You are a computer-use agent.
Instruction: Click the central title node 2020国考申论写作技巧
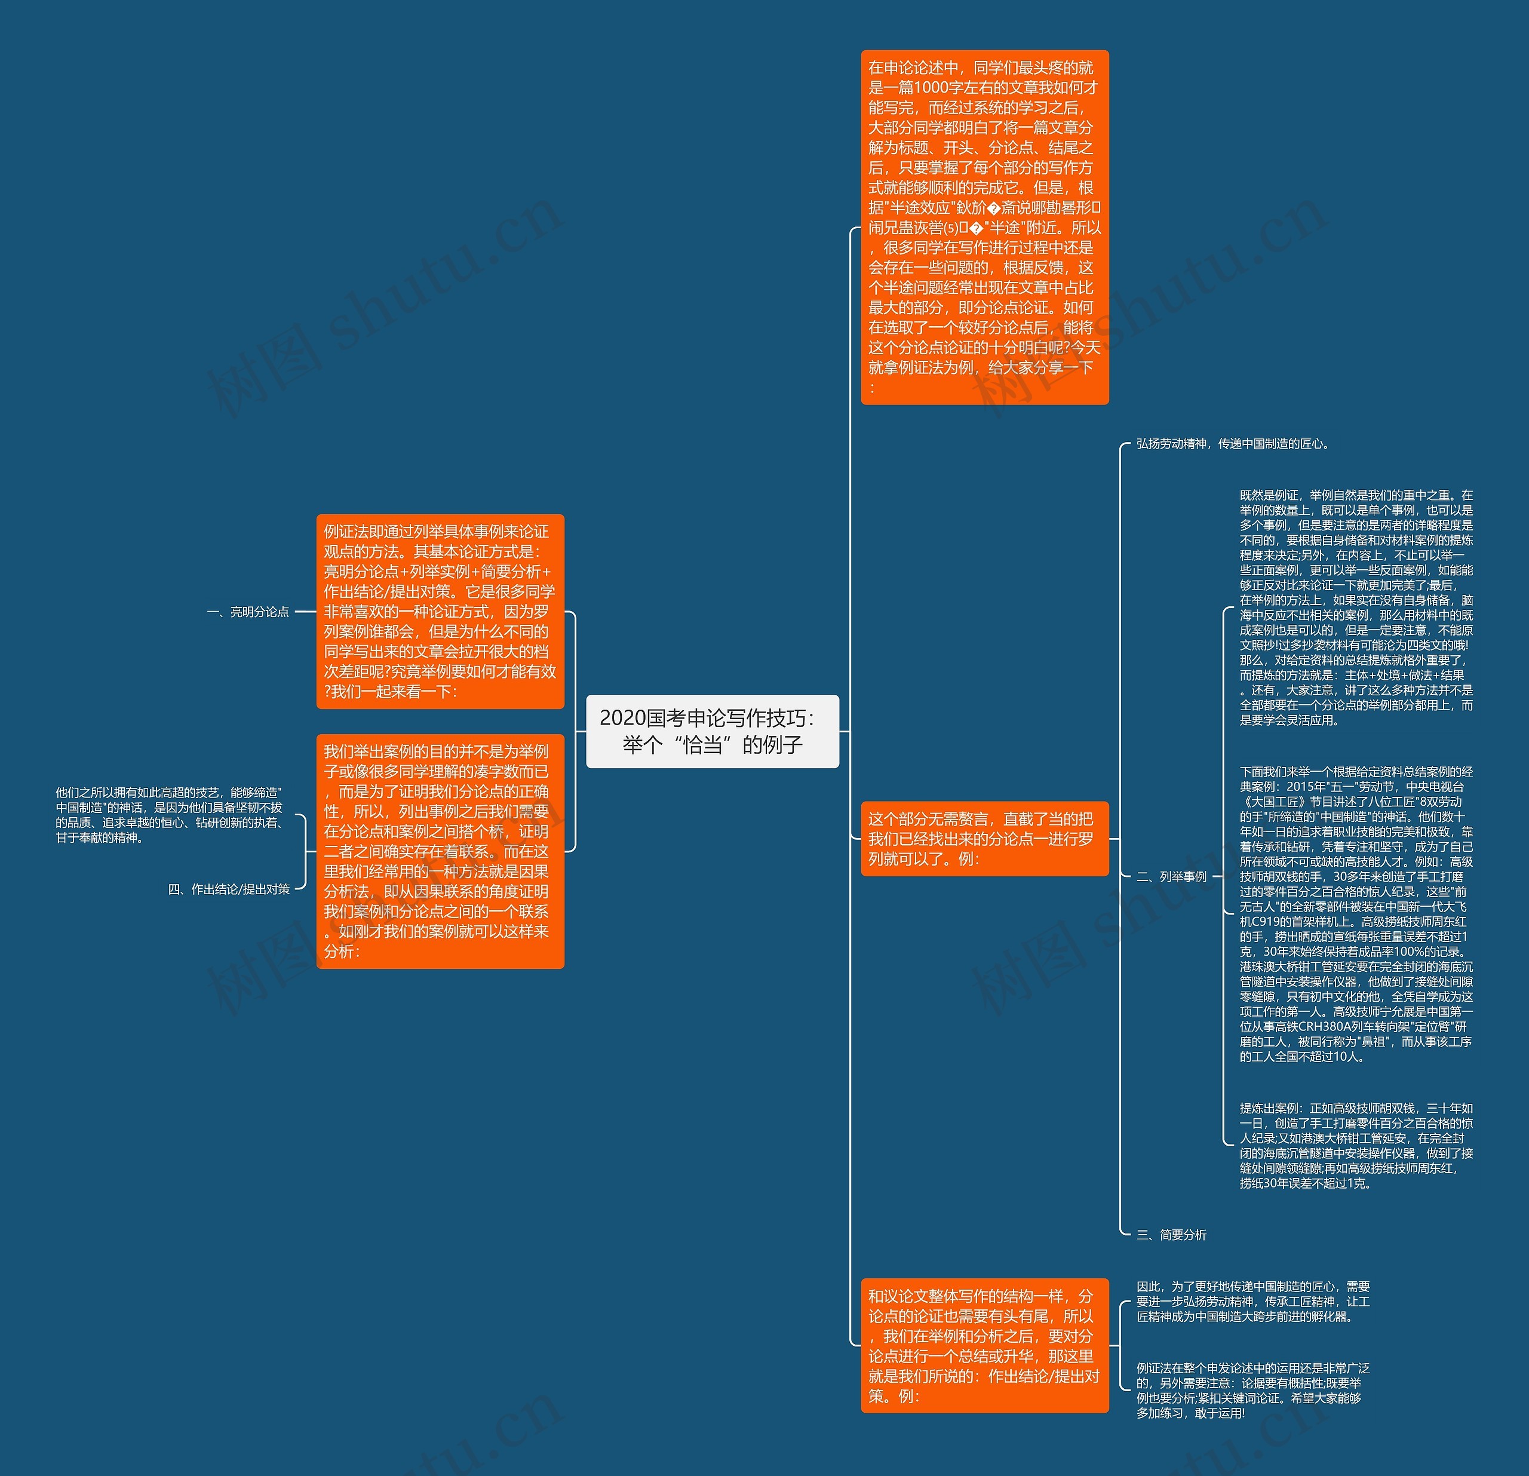click(x=711, y=731)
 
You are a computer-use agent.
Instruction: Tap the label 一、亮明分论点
click(x=248, y=612)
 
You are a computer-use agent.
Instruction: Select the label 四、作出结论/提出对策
click(x=229, y=889)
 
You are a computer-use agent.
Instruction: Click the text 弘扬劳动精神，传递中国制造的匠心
click(x=1233, y=444)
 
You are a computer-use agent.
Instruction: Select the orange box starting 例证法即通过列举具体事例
click(x=440, y=612)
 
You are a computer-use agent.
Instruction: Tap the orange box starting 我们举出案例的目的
click(x=440, y=851)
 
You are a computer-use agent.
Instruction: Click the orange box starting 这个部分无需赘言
click(x=984, y=839)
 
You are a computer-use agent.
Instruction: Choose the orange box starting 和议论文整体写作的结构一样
click(x=984, y=1346)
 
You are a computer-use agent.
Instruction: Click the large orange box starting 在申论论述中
click(x=984, y=227)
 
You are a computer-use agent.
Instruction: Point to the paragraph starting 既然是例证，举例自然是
click(x=1356, y=607)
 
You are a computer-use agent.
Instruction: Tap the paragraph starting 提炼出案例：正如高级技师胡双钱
click(x=1356, y=1145)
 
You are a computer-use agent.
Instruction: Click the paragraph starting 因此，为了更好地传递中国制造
click(x=1253, y=1301)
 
